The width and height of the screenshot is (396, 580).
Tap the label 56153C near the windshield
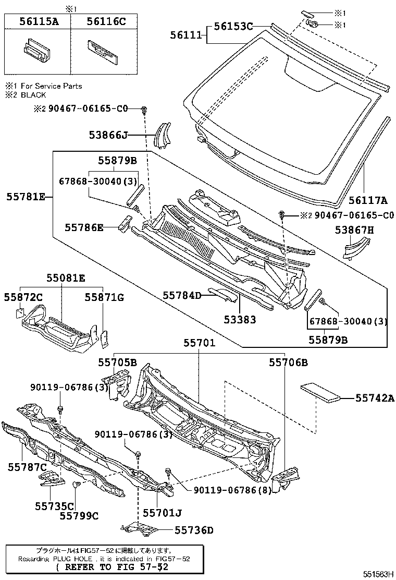click(233, 26)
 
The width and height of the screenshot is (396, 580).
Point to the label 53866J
click(107, 136)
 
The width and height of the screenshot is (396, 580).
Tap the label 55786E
click(84, 227)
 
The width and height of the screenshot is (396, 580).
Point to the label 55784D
click(181, 296)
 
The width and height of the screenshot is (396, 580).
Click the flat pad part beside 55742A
click(321, 391)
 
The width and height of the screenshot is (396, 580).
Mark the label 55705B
click(117, 362)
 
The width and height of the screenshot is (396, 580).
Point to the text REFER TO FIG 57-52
click(112, 567)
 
